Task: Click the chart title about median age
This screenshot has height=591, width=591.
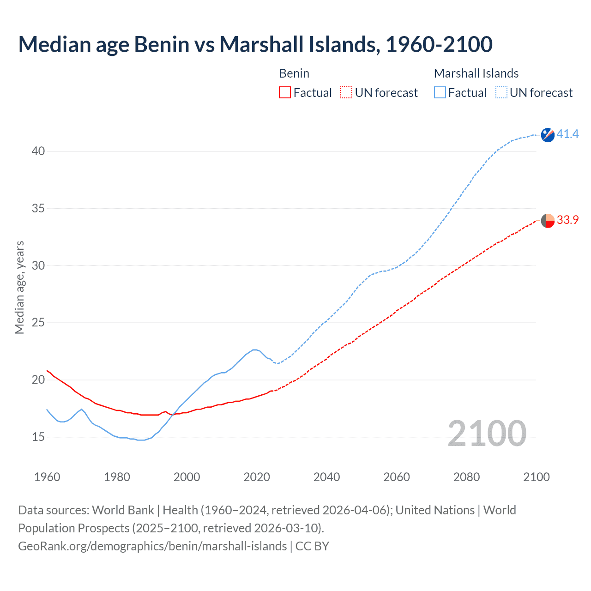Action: point(255,44)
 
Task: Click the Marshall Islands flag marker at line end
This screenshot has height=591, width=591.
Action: point(548,135)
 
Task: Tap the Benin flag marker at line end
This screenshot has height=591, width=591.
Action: point(548,221)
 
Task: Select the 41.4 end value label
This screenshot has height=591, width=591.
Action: point(567,134)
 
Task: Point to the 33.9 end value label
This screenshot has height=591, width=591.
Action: point(567,220)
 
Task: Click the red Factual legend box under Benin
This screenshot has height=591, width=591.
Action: point(285,93)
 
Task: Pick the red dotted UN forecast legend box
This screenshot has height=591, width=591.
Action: point(346,93)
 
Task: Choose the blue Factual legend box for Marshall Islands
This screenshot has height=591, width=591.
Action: point(440,93)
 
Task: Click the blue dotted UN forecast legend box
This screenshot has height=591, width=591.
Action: point(501,93)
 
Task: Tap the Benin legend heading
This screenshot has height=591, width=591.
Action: point(294,73)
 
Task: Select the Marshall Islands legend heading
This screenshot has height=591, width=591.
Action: point(476,73)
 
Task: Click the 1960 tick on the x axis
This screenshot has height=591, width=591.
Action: point(47,477)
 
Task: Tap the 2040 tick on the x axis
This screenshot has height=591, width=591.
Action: point(326,477)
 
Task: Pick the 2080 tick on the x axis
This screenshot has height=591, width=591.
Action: point(466,477)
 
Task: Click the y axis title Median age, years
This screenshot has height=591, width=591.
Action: point(20,287)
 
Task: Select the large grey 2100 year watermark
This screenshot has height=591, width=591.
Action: point(487,434)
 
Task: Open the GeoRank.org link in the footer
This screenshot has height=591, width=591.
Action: point(152,546)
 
